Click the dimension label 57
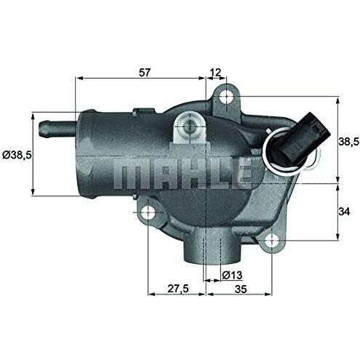point(145,72)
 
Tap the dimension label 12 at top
point(215,72)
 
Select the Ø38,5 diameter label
point(17,155)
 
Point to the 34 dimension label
point(344,212)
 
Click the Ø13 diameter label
point(232,275)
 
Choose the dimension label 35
point(241,289)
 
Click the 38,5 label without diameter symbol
point(348,142)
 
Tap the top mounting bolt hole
point(226,97)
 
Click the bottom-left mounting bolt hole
point(148,212)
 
